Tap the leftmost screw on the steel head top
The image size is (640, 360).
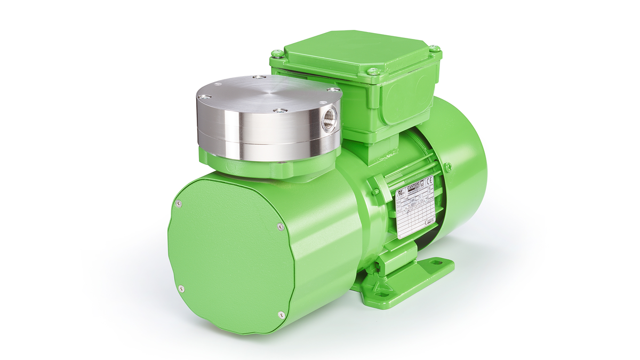(x=202, y=97)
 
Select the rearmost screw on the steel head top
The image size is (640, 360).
(x=258, y=78)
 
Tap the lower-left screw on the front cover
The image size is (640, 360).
(x=181, y=289)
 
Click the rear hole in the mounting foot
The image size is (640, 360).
(x=437, y=262)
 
